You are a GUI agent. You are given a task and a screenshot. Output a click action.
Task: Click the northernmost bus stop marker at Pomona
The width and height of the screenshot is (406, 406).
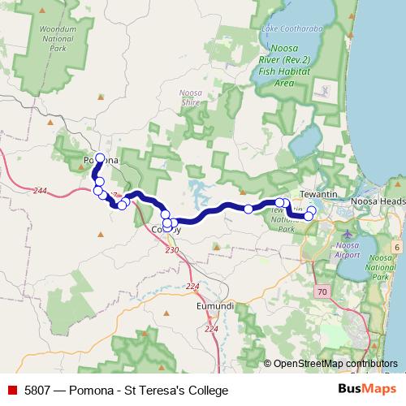(x=100, y=158)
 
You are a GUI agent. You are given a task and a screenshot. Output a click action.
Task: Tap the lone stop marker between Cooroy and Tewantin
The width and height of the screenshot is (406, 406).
(x=248, y=209)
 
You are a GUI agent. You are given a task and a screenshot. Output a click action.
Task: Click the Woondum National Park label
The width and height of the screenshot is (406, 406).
(x=57, y=38)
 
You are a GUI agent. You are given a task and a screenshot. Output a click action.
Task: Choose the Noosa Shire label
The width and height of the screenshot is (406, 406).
(x=190, y=97)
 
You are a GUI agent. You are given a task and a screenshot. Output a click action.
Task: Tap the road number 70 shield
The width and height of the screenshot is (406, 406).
(x=322, y=291)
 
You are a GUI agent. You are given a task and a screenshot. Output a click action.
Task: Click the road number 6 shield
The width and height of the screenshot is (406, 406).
(x=397, y=246)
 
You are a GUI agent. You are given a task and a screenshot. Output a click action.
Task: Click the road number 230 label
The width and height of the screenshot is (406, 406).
(x=171, y=250)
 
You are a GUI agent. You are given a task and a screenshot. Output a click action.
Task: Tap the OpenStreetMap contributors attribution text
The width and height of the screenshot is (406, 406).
(x=335, y=364)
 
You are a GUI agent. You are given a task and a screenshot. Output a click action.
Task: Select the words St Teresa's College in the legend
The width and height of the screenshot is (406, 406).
(x=183, y=390)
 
